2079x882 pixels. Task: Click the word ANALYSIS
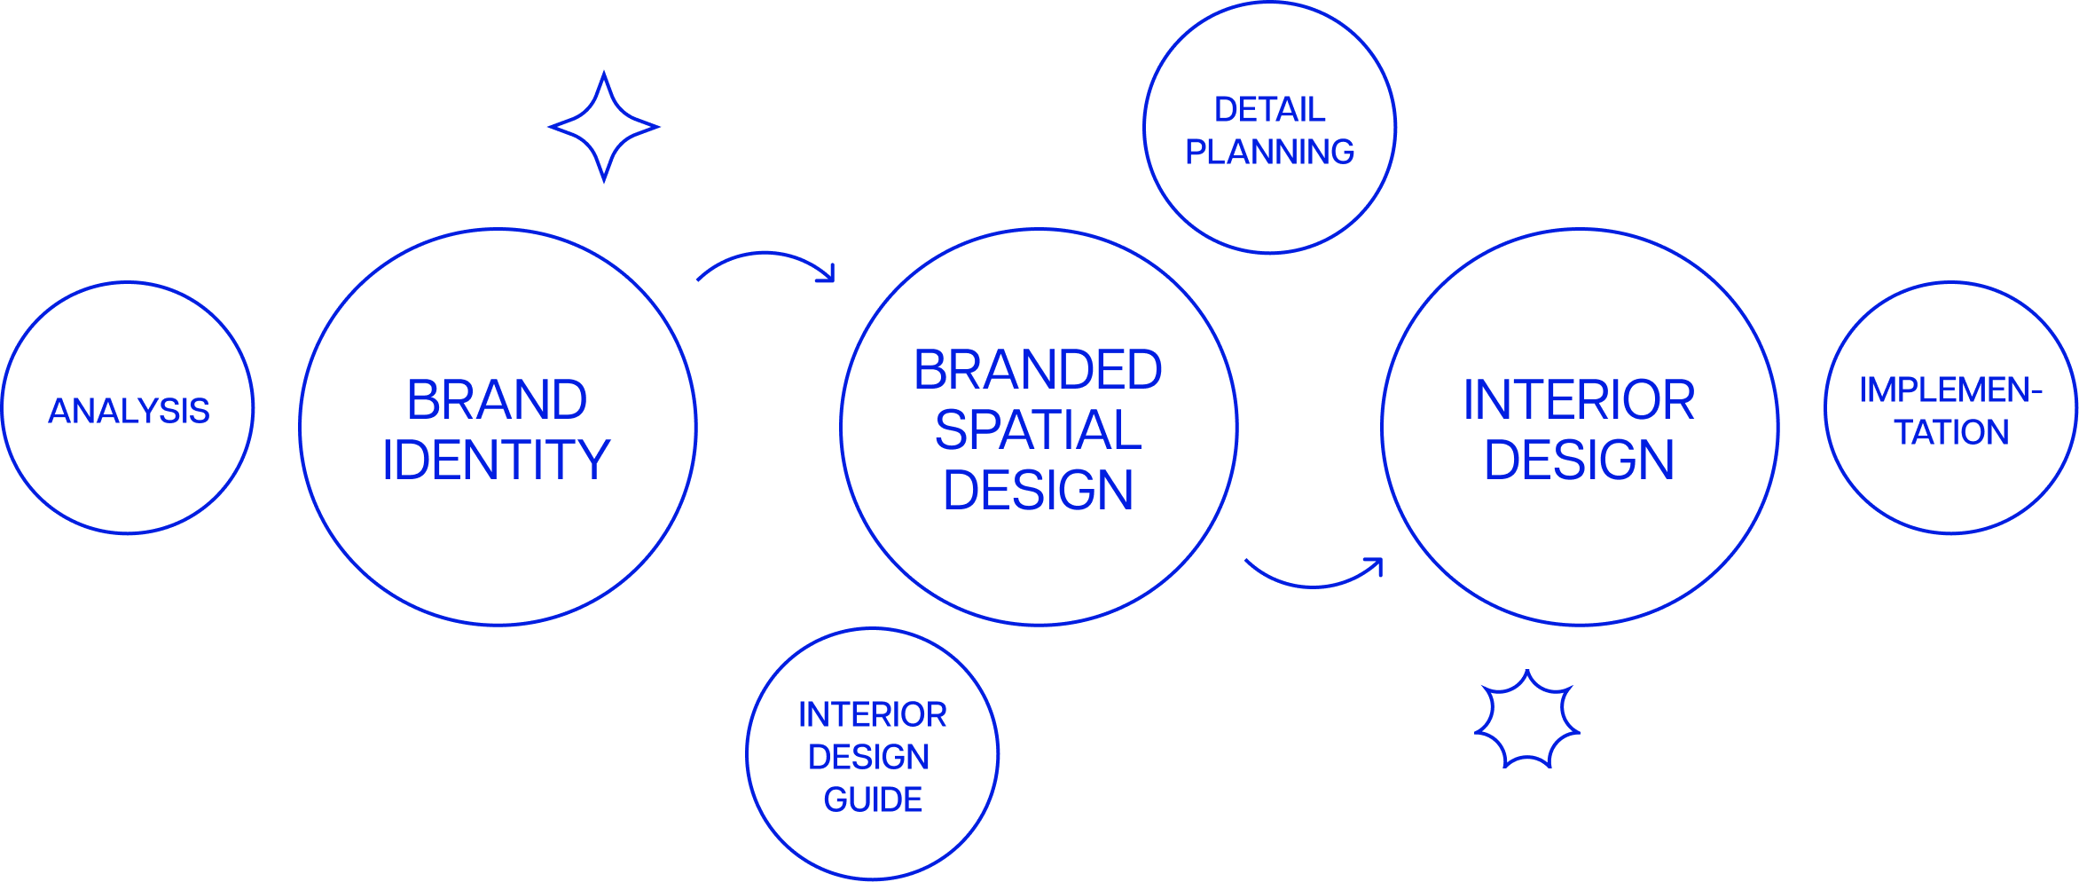[129, 411]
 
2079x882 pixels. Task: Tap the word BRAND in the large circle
[498, 400]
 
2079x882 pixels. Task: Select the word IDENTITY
[497, 460]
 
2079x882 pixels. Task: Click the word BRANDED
[1038, 370]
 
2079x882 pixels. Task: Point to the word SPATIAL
[1038, 430]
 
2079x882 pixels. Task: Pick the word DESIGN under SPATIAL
[1038, 490]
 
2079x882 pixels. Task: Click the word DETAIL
[1270, 110]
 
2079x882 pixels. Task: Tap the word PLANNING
[1270, 152]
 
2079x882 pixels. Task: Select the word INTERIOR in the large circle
[1579, 400]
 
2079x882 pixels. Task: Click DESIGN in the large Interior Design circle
[1579, 460]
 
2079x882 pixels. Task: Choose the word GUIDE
[873, 799]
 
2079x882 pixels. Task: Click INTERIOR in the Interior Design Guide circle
[873, 714]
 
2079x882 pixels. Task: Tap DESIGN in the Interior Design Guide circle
[869, 757]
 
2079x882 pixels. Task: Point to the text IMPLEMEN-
[1950, 390]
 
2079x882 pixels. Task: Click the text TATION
[1951, 432]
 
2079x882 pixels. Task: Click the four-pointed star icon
[604, 127]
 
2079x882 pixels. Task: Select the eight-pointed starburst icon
[1526, 720]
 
